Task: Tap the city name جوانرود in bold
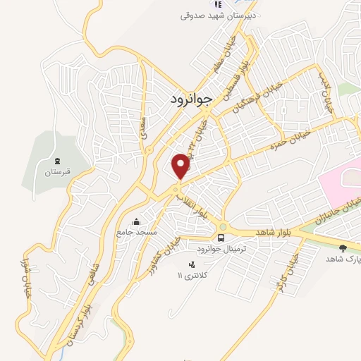190,99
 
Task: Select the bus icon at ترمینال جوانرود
222,237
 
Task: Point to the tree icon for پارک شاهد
343,248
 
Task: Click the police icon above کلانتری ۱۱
190,264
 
